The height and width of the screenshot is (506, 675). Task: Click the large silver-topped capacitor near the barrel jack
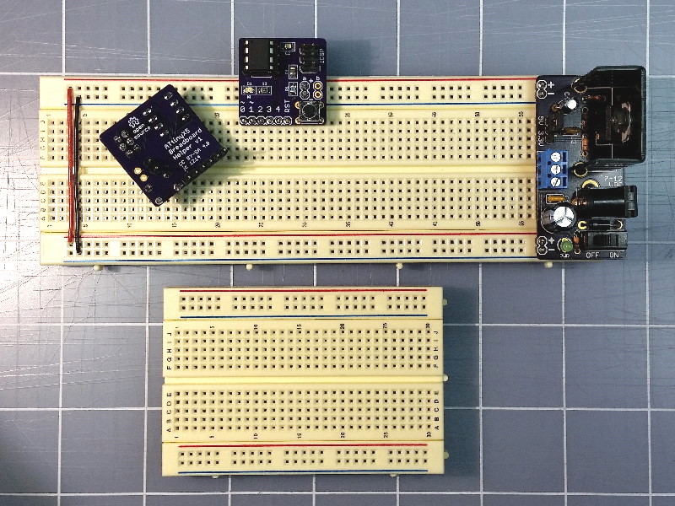[x=559, y=218]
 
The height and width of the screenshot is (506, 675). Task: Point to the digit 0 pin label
[x=243, y=109]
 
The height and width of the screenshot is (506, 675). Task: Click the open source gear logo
[x=133, y=126]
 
